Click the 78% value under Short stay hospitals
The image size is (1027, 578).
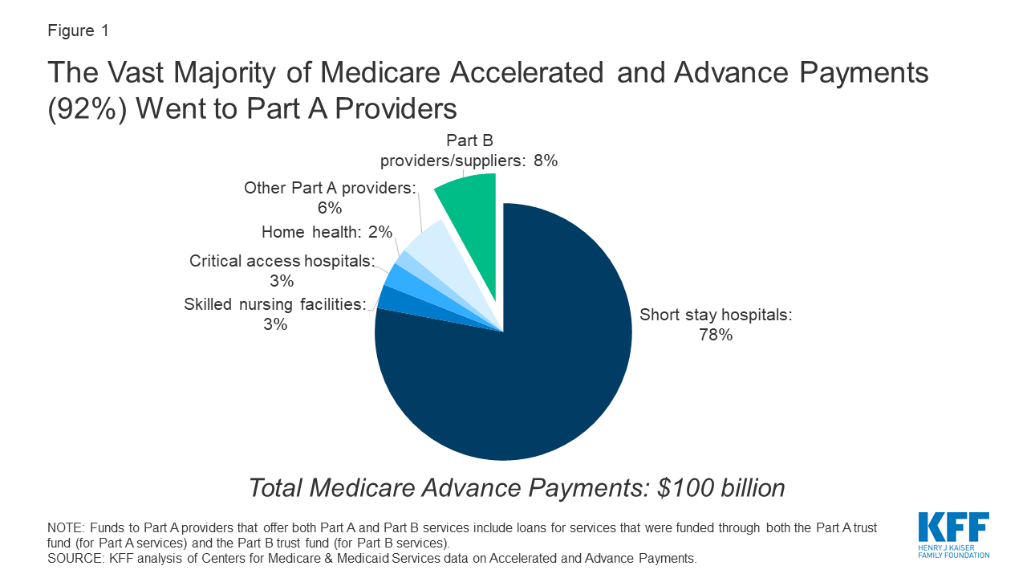click(715, 336)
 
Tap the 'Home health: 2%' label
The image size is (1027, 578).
click(327, 232)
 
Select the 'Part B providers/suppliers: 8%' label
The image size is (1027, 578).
click(469, 151)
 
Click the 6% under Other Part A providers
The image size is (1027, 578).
click(330, 209)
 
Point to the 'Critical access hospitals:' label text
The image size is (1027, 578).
click(282, 261)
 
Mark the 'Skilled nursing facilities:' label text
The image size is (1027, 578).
click(274, 304)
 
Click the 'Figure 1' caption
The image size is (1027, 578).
click(79, 31)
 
